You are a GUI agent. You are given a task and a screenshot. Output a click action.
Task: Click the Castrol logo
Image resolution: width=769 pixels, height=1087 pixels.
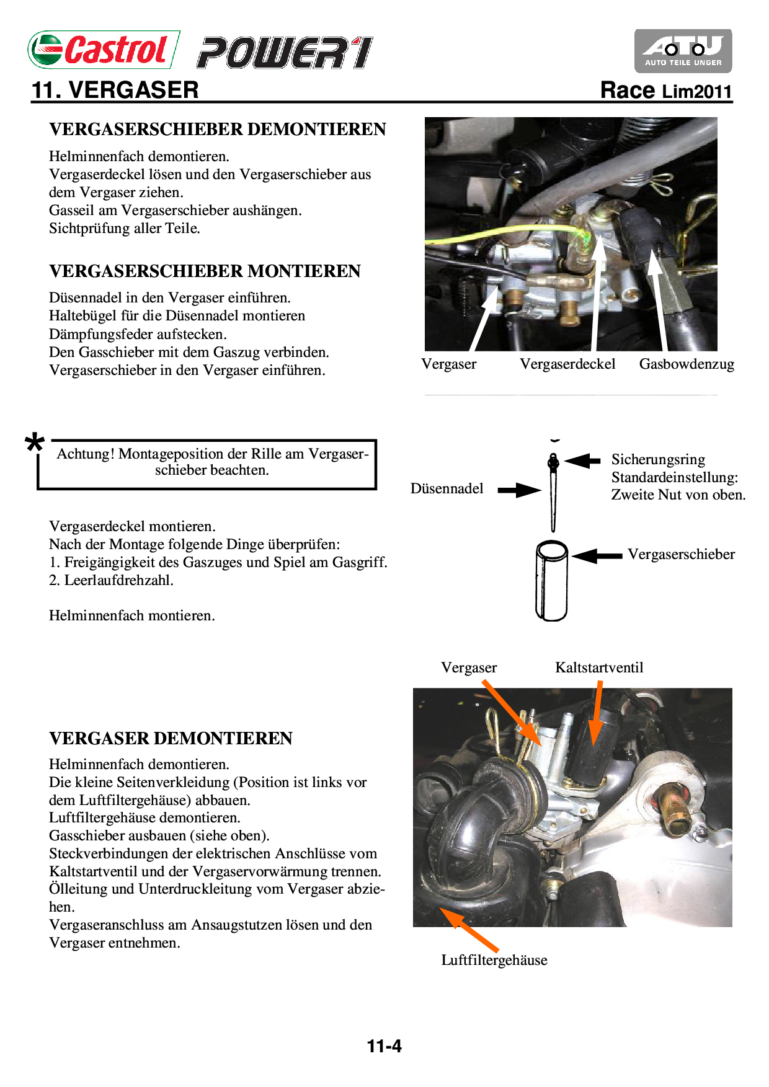point(104,50)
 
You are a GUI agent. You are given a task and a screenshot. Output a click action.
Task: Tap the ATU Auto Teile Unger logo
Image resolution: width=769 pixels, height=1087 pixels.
point(683,51)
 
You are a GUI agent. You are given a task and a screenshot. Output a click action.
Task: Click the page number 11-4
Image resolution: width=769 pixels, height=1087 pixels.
point(384,1046)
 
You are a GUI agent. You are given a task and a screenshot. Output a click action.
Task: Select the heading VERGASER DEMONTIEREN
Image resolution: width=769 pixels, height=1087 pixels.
point(171,738)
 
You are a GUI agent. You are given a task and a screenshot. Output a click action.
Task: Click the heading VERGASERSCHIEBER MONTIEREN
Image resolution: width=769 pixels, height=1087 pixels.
point(205,271)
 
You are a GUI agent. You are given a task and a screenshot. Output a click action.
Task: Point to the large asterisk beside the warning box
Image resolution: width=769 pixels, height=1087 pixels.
point(35,443)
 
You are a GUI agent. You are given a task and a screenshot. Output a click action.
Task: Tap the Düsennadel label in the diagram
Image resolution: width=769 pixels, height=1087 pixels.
point(447,488)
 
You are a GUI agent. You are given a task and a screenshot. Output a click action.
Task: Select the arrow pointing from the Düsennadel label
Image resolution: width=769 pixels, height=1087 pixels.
point(519,490)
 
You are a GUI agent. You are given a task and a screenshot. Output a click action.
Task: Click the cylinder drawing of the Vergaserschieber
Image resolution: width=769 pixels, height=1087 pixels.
point(551,581)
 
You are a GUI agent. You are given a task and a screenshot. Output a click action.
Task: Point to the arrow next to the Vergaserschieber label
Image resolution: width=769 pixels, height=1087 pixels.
point(597,555)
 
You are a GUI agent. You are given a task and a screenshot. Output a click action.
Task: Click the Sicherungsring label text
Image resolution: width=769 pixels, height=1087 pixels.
point(658,459)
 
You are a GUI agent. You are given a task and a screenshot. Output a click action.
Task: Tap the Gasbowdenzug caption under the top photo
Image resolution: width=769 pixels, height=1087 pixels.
point(687,364)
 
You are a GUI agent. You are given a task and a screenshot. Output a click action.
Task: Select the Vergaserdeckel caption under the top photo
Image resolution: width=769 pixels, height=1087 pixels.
point(567,364)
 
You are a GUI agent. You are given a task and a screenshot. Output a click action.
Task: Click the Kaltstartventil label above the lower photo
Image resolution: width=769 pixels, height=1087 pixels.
point(599,667)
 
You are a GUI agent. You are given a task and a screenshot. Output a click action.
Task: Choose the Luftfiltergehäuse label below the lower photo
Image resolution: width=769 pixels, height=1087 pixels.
point(494,960)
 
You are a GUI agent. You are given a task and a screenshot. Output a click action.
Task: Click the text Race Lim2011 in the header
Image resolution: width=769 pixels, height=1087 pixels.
point(666,90)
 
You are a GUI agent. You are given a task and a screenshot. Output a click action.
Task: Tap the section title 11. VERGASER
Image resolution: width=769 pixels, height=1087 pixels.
point(115,90)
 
